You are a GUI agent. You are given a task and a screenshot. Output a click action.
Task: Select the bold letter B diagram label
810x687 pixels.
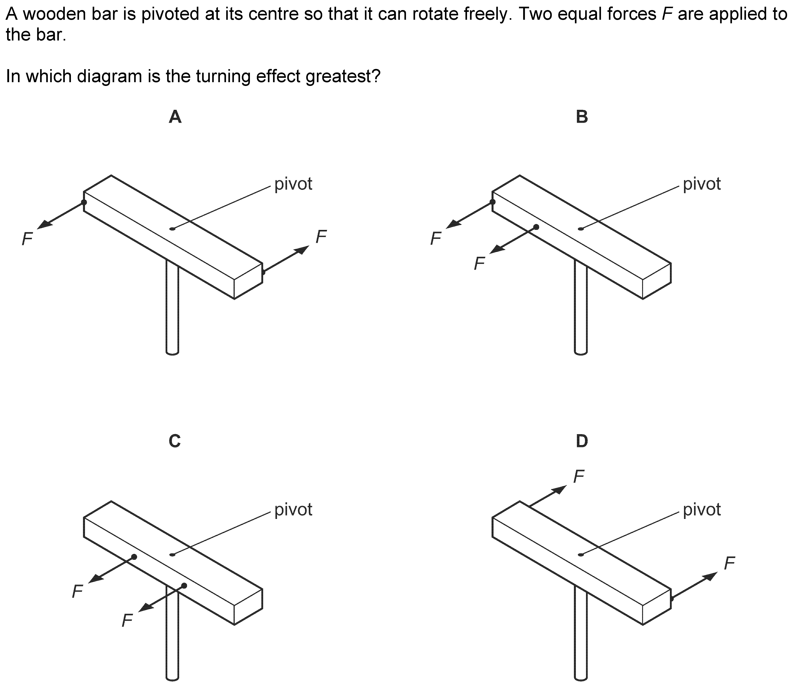pyautogui.click(x=582, y=117)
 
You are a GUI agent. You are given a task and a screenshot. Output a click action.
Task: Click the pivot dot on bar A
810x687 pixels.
pyautogui.click(x=172, y=229)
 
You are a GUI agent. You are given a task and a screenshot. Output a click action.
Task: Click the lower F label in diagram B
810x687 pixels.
pyautogui.click(x=479, y=264)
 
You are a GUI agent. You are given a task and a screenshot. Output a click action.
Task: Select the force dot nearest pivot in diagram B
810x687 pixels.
pyautogui.click(x=536, y=227)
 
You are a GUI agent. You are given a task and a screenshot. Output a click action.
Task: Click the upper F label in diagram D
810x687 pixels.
pyautogui.click(x=579, y=476)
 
